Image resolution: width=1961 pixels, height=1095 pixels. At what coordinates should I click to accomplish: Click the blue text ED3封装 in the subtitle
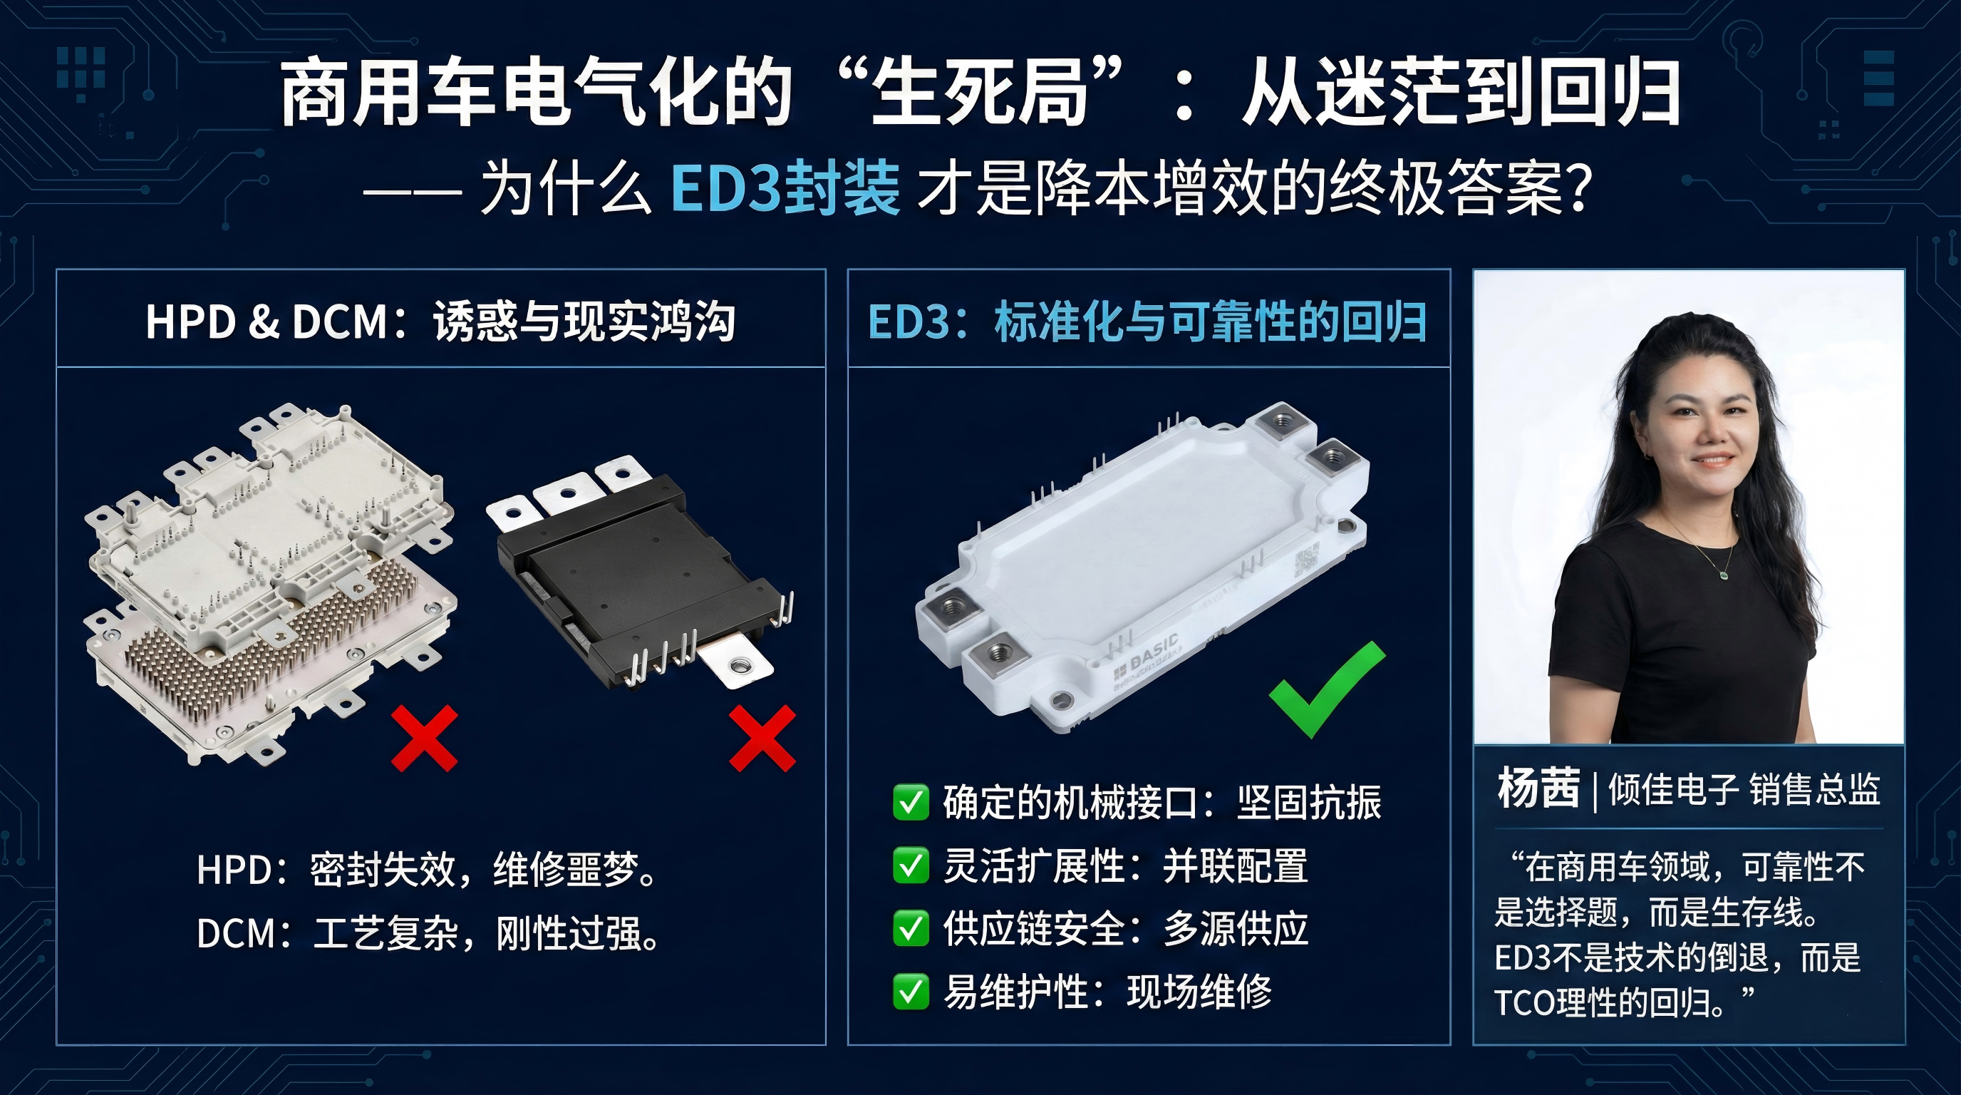[x=785, y=187]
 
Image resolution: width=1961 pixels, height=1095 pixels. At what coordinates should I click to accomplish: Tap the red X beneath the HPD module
[x=424, y=738]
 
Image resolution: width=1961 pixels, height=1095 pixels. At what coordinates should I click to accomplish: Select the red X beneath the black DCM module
[x=762, y=738]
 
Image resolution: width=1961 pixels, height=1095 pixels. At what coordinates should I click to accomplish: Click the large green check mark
[x=1326, y=689]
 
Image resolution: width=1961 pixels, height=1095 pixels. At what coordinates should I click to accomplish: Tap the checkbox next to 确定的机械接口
[x=911, y=803]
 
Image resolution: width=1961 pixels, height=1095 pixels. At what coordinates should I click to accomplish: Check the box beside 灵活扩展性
[x=911, y=865]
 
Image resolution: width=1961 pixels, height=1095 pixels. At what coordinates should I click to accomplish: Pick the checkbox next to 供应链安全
[x=911, y=929]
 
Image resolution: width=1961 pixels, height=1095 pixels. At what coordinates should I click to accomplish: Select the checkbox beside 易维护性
[x=911, y=992]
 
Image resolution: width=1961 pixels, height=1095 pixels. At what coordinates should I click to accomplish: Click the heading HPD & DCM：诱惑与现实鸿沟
[x=440, y=322]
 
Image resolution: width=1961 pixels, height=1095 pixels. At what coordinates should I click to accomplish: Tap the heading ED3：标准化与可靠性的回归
[x=1147, y=322]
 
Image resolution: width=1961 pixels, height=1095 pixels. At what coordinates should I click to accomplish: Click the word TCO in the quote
[x=1523, y=1003]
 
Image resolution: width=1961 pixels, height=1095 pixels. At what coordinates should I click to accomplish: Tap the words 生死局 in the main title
[x=978, y=94]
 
